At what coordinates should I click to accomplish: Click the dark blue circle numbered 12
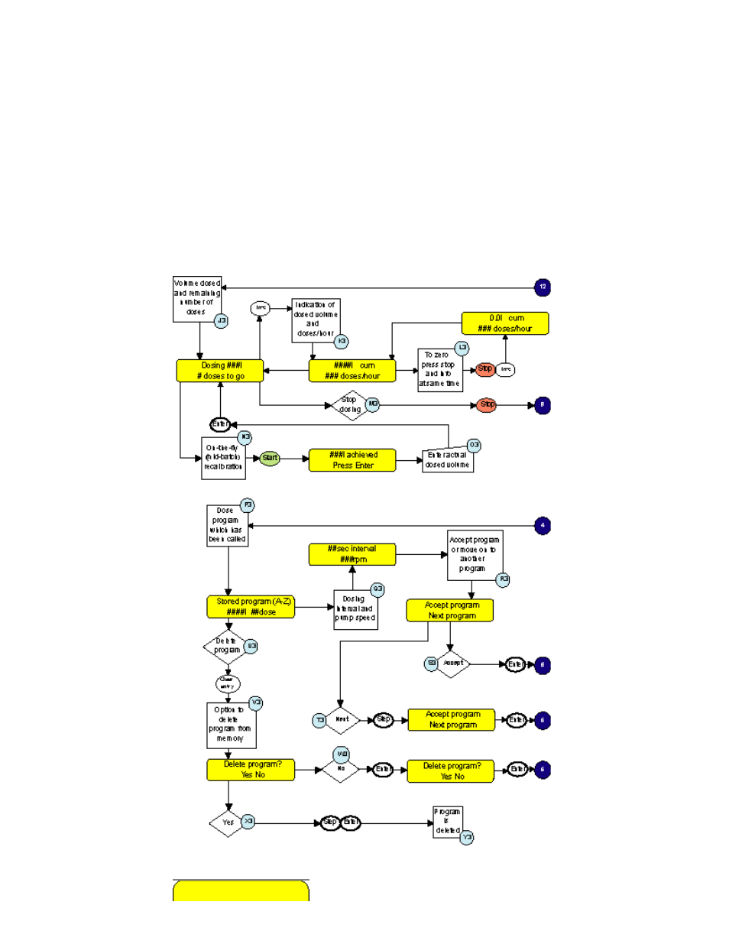(x=543, y=287)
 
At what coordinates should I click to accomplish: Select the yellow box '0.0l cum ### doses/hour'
(x=505, y=323)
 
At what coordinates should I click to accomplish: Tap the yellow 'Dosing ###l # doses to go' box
(x=220, y=371)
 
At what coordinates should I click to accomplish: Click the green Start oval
(x=270, y=459)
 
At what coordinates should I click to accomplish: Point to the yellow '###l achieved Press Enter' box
(x=352, y=460)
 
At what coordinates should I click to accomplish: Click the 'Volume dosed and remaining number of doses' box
(x=196, y=298)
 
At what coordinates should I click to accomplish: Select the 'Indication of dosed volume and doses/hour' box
(x=316, y=320)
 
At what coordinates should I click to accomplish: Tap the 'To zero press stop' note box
(x=439, y=370)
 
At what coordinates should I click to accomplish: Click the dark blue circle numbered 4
(x=543, y=526)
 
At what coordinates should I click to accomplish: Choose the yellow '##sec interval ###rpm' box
(x=352, y=554)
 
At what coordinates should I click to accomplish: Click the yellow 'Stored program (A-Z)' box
(x=251, y=607)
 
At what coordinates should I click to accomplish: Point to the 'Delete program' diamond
(x=227, y=647)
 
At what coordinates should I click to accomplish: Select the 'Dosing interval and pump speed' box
(x=355, y=610)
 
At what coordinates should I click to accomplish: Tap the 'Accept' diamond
(x=452, y=663)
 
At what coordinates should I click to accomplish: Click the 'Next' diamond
(x=342, y=719)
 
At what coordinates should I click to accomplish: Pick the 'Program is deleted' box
(x=447, y=822)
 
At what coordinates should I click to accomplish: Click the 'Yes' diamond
(x=227, y=822)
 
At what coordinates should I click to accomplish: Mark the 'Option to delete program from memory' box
(x=229, y=725)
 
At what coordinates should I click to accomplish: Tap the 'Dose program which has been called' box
(x=227, y=525)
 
